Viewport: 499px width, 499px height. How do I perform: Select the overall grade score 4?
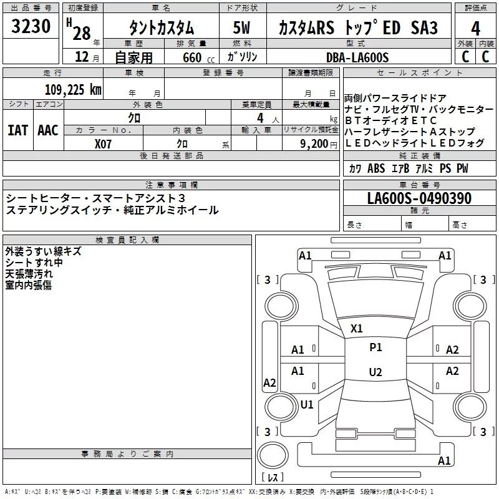click(x=476, y=28)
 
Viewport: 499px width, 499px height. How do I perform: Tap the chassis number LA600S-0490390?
click(x=419, y=198)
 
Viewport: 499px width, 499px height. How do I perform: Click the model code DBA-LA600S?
click(x=357, y=57)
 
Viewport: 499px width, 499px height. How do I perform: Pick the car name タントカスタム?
click(x=162, y=29)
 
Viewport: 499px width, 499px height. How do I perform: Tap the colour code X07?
click(x=104, y=143)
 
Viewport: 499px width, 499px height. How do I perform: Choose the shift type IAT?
click(x=18, y=130)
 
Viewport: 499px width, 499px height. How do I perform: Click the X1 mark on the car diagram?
click(x=357, y=328)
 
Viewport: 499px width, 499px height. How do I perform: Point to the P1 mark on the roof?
click(x=375, y=347)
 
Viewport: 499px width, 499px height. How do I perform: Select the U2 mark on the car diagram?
click(x=375, y=372)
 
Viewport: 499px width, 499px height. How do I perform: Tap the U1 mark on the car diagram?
click(x=307, y=404)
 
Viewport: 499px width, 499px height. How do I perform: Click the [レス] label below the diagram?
click(x=273, y=478)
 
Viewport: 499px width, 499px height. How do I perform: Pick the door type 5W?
click(x=243, y=29)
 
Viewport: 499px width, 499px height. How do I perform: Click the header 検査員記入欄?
click(x=127, y=240)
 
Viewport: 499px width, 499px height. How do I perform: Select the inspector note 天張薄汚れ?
click(x=28, y=273)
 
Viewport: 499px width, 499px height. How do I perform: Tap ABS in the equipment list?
click(x=376, y=168)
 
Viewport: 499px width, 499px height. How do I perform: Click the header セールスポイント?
click(x=420, y=72)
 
